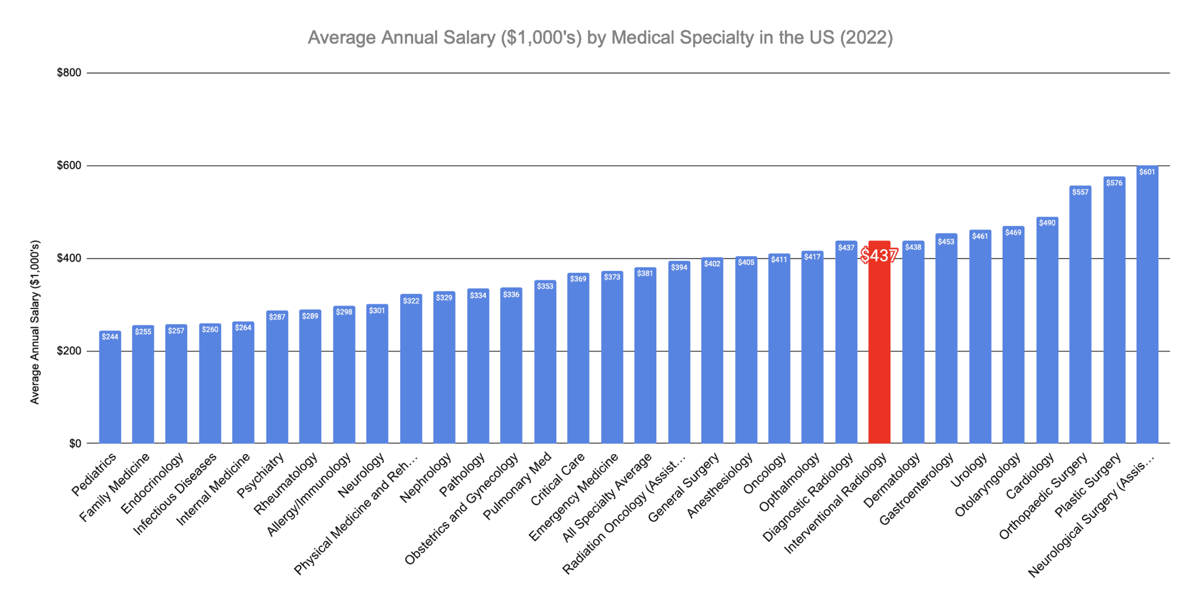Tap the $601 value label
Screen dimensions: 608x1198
[x=1147, y=172]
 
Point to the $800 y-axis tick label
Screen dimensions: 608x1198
[x=68, y=73]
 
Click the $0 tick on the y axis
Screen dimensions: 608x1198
[x=74, y=444]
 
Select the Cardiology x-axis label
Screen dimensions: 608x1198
[x=1030, y=476]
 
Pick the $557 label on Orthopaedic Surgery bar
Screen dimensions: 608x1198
[x=1080, y=193]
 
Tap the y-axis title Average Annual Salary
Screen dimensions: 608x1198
[x=35, y=322]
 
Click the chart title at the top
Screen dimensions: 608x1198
[x=600, y=37]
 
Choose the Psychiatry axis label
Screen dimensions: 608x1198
[x=260, y=475]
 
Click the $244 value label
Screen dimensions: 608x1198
[x=110, y=337]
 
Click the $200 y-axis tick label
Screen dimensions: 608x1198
[x=68, y=351]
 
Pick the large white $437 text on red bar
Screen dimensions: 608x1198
[x=879, y=256]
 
